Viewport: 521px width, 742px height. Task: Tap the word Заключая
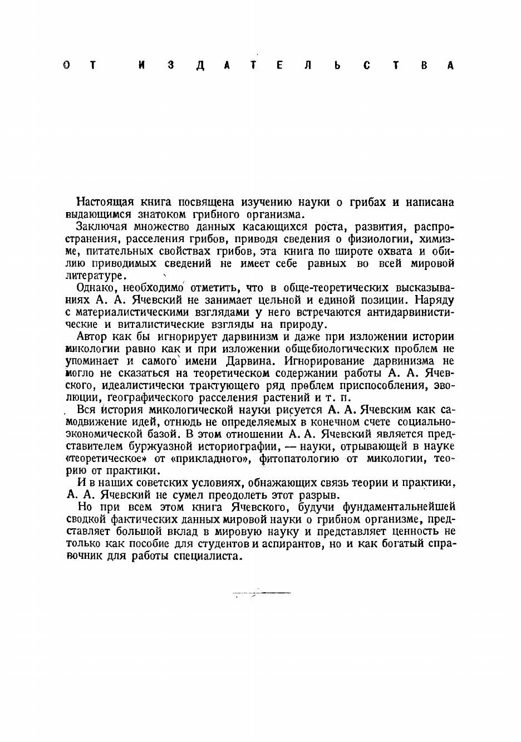(99, 227)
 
